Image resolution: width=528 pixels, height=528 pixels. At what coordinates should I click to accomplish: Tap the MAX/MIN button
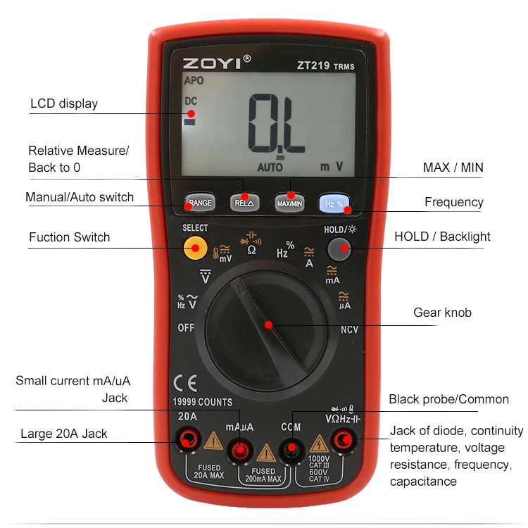click(x=289, y=203)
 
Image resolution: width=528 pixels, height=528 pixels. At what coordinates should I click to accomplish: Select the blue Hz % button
click(x=334, y=203)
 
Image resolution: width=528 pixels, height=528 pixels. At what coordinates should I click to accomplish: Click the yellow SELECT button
click(x=195, y=246)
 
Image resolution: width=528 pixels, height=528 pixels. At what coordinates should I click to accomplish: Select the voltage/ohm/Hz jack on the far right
click(x=344, y=441)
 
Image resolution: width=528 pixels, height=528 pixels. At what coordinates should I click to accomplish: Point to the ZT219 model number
click(x=313, y=65)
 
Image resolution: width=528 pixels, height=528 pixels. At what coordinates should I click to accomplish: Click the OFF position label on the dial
click(x=186, y=328)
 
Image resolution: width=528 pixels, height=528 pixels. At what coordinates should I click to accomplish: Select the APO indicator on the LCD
click(x=194, y=81)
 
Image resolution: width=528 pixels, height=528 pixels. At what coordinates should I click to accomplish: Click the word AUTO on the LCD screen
click(x=270, y=168)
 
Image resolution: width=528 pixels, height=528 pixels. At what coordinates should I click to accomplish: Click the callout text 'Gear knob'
click(x=443, y=313)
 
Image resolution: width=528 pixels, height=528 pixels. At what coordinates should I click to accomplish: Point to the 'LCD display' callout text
click(x=64, y=104)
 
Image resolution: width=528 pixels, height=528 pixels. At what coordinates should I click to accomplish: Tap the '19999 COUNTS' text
click(x=203, y=402)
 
